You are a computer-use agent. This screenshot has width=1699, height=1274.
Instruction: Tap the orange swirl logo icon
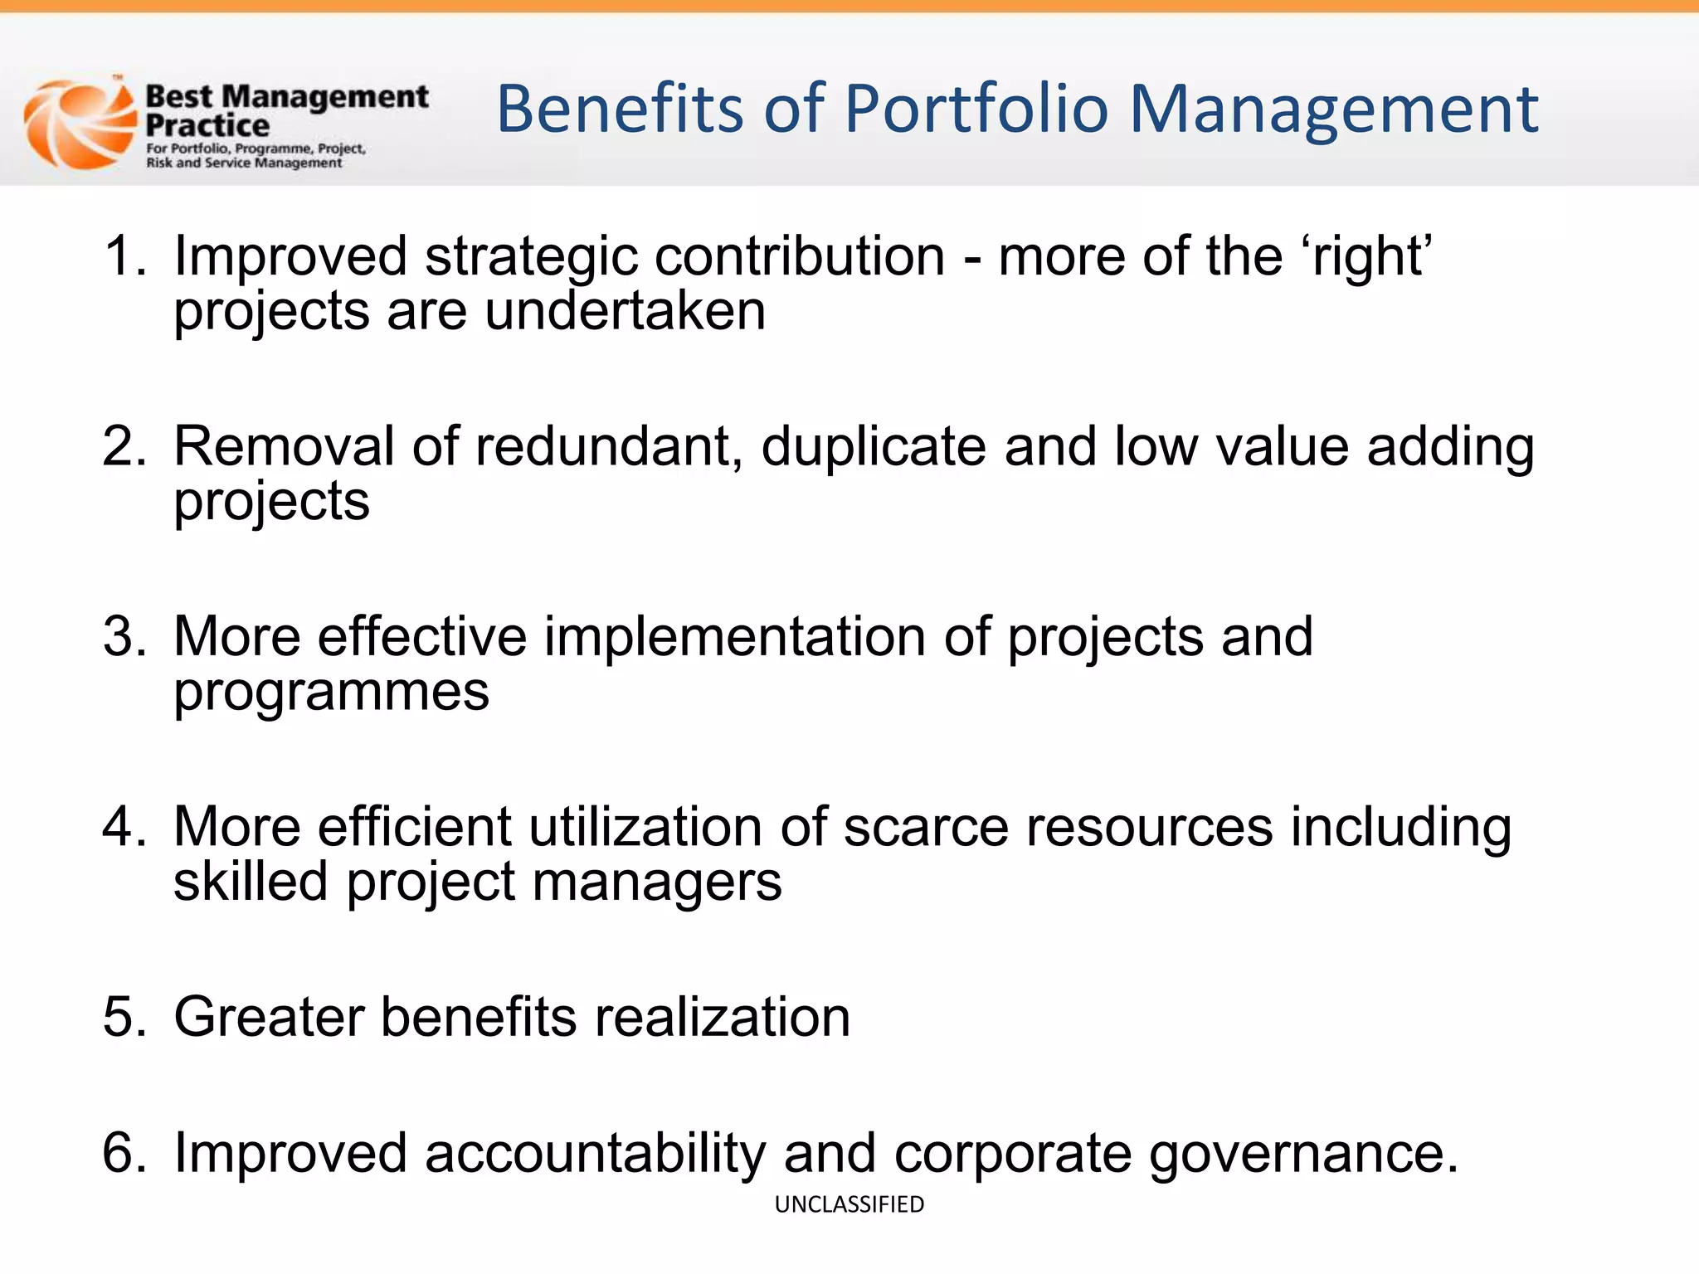[x=79, y=124]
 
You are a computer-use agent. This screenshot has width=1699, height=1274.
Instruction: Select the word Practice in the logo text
[x=207, y=126]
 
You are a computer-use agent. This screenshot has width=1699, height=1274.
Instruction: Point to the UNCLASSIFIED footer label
[x=849, y=1203]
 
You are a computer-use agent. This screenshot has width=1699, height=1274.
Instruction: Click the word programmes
[x=331, y=693]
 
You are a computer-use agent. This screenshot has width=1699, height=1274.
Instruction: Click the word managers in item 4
[x=656, y=882]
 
